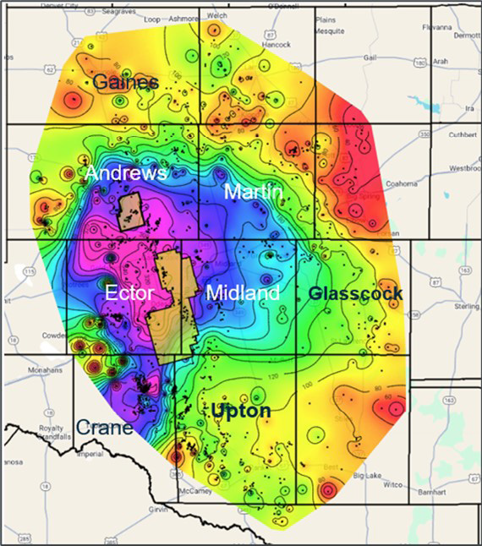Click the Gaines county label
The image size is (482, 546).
(126, 82)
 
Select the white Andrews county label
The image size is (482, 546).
(124, 173)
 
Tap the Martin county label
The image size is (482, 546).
(253, 193)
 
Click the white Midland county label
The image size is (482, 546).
(243, 293)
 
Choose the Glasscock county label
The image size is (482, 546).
(355, 293)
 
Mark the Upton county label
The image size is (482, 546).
(241, 411)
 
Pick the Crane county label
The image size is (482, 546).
(103, 428)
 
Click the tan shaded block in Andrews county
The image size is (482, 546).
(129, 211)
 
